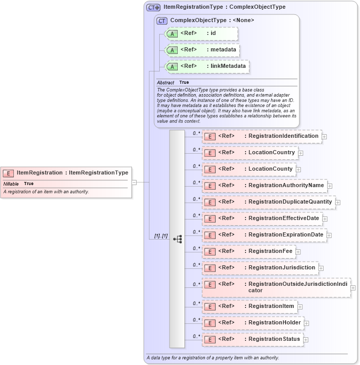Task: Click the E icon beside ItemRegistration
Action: point(8,173)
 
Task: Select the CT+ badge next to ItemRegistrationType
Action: point(153,7)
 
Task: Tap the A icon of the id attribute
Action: point(173,34)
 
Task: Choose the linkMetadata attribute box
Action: point(206,66)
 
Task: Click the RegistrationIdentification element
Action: point(262,136)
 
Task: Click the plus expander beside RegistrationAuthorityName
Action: point(330,186)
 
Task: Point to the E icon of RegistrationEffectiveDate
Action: point(210,219)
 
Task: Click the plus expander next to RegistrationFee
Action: point(298,252)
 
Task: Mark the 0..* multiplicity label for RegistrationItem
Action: point(196,303)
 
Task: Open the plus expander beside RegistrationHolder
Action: point(307,323)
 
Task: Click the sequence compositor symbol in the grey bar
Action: point(178,239)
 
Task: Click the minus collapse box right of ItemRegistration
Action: point(134,181)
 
